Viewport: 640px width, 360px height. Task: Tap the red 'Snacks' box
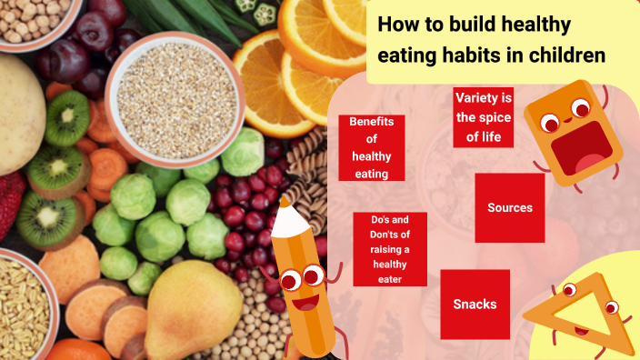click(x=475, y=304)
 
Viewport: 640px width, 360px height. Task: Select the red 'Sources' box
click(x=509, y=207)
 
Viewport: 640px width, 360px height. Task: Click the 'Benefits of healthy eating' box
click(x=371, y=147)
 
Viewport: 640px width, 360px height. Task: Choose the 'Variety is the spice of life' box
click(x=483, y=117)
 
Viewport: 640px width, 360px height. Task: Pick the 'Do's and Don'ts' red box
click(x=390, y=249)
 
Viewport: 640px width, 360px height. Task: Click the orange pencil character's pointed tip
click(x=286, y=203)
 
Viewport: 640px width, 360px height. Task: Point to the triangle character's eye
click(x=569, y=291)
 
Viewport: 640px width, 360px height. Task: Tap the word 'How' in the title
click(x=397, y=25)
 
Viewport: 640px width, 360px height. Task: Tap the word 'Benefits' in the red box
click(x=371, y=121)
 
